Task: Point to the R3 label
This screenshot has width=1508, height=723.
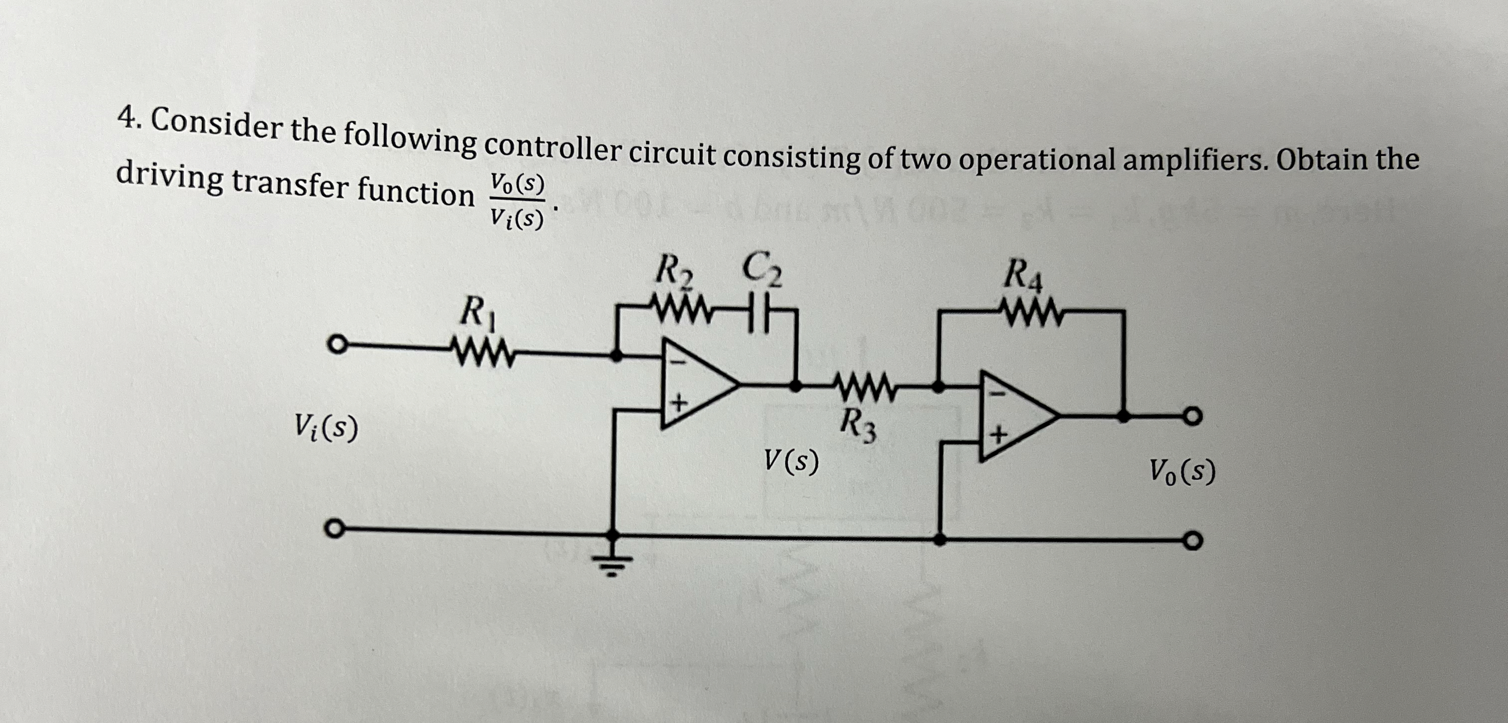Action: coord(859,426)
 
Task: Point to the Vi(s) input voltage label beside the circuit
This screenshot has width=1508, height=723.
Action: coord(327,427)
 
